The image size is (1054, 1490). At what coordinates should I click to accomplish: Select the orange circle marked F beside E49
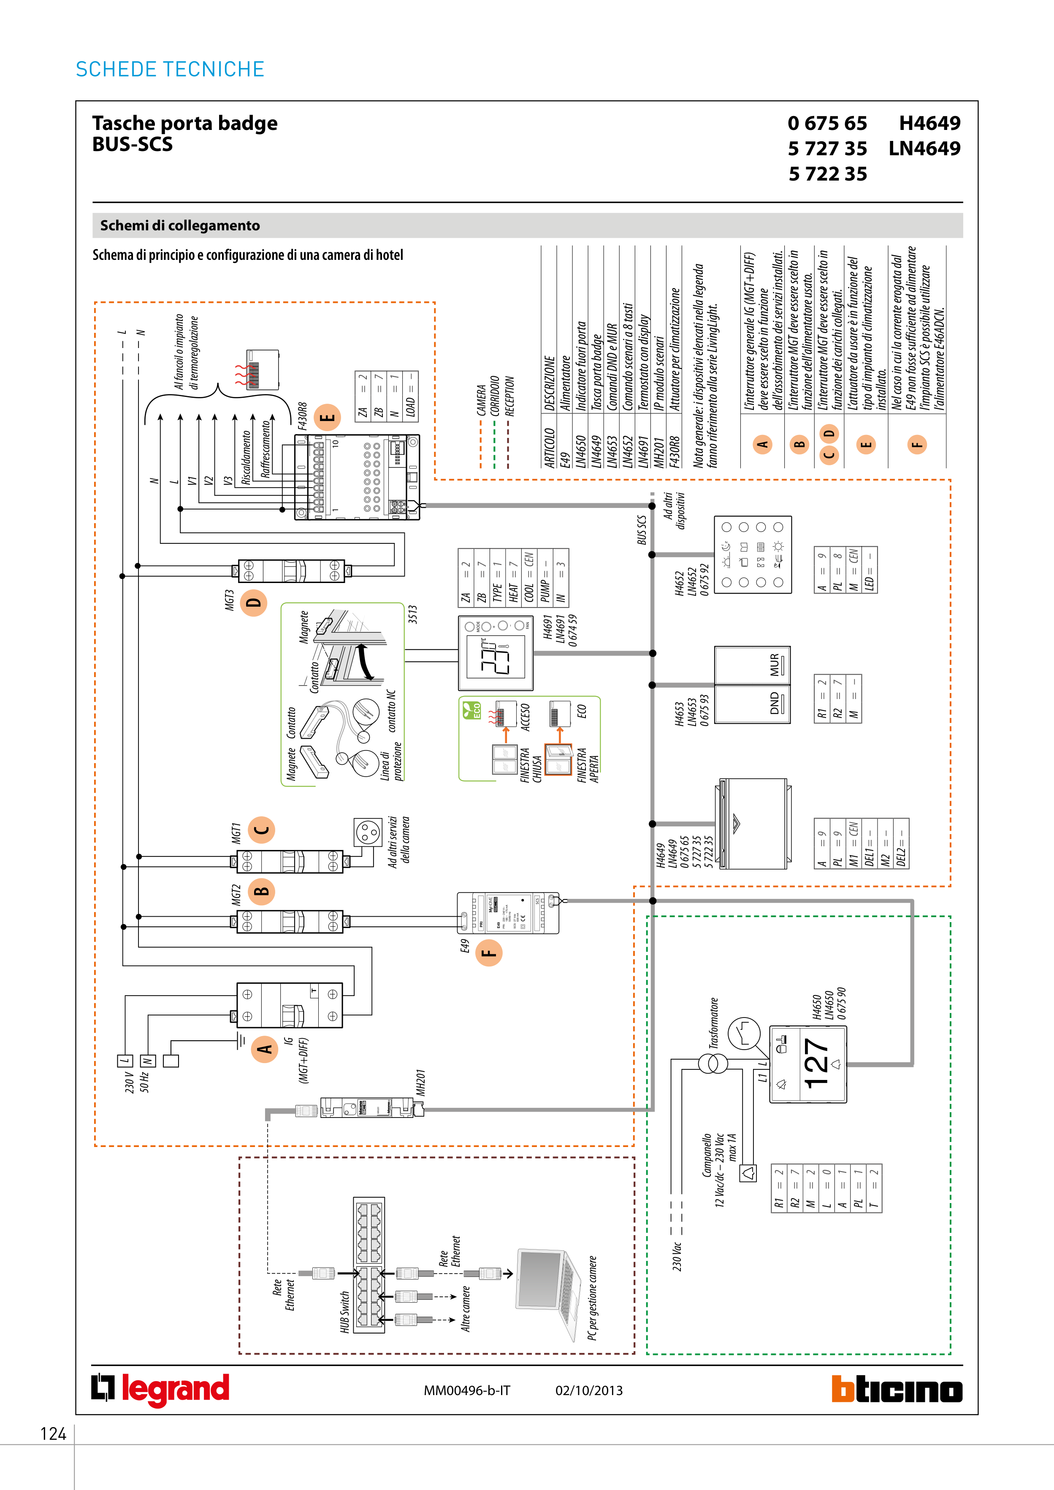(x=488, y=953)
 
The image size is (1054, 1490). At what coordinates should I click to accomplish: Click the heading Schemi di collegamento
(x=180, y=225)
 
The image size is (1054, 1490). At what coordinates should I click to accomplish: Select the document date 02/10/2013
(x=588, y=1390)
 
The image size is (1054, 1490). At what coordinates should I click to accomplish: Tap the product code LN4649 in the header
(x=924, y=148)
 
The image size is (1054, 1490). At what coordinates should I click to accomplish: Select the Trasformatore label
(x=714, y=1023)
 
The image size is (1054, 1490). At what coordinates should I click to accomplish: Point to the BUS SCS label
(x=642, y=529)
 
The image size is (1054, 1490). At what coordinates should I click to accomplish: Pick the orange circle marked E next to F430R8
(x=327, y=417)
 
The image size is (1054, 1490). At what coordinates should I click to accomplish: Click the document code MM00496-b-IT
(x=467, y=1390)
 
